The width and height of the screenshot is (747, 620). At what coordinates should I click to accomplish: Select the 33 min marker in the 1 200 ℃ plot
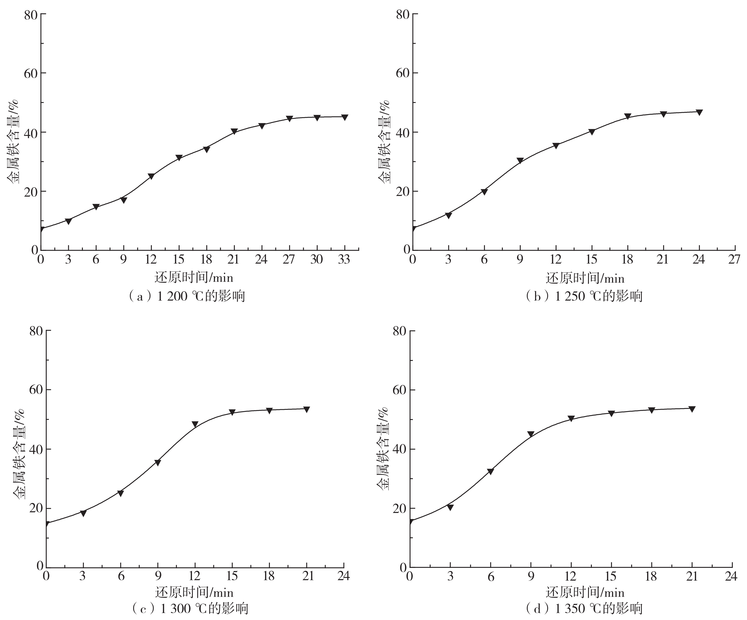(344, 117)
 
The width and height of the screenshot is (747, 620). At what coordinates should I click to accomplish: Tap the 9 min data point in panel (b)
(520, 161)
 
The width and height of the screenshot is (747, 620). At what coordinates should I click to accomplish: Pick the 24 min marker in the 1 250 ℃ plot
(699, 112)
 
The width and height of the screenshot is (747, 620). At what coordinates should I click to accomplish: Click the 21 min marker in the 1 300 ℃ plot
(306, 409)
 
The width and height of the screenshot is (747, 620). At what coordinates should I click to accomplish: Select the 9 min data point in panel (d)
(531, 434)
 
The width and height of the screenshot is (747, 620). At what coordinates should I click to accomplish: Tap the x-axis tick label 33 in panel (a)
(344, 260)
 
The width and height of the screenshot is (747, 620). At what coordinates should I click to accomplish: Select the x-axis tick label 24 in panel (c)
(343, 576)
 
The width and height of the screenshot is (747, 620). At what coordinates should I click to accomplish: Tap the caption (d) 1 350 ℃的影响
(584, 609)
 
